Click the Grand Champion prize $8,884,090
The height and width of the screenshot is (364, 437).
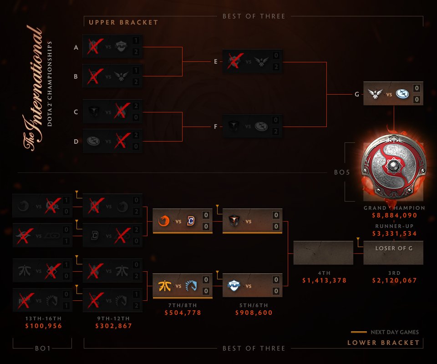pos(394,216)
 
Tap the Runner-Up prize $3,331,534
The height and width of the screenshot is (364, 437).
pos(394,233)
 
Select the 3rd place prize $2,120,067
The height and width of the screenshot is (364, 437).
pos(394,280)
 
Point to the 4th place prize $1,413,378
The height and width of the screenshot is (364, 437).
pos(324,280)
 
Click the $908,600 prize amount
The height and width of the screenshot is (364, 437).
pos(254,313)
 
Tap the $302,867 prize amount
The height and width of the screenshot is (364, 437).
pos(113,326)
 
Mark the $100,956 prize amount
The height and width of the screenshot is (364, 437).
pos(43,326)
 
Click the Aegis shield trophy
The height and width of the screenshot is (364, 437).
pos(394,168)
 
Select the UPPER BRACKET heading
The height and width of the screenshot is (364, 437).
pos(123,22)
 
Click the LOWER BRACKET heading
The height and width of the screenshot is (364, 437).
pos(384,343)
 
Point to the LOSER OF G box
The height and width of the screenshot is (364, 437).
pos(394,248)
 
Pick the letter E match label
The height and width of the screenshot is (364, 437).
pos(215,61)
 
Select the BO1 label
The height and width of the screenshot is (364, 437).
pos(42,349)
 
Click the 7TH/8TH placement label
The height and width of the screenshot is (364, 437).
pos(183,305)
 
